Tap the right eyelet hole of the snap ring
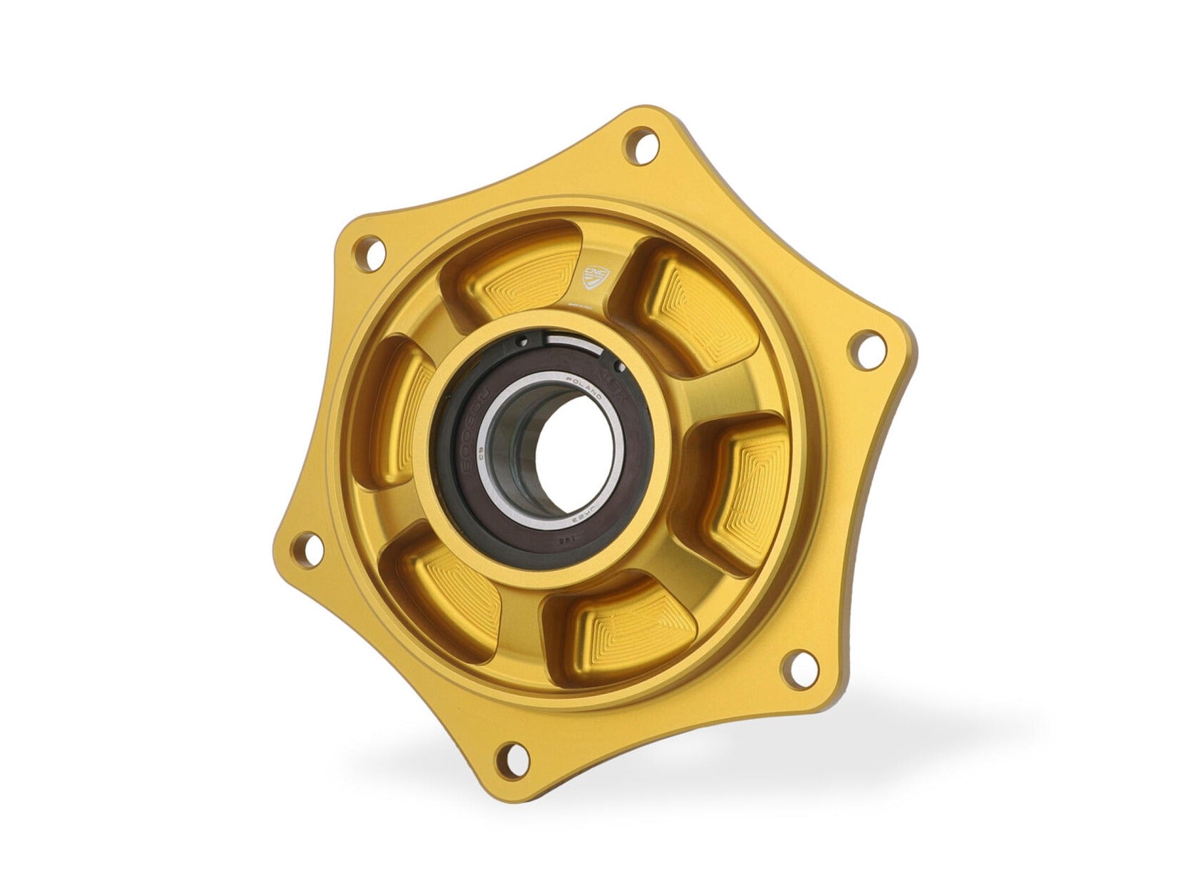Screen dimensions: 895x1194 [618, 367]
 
